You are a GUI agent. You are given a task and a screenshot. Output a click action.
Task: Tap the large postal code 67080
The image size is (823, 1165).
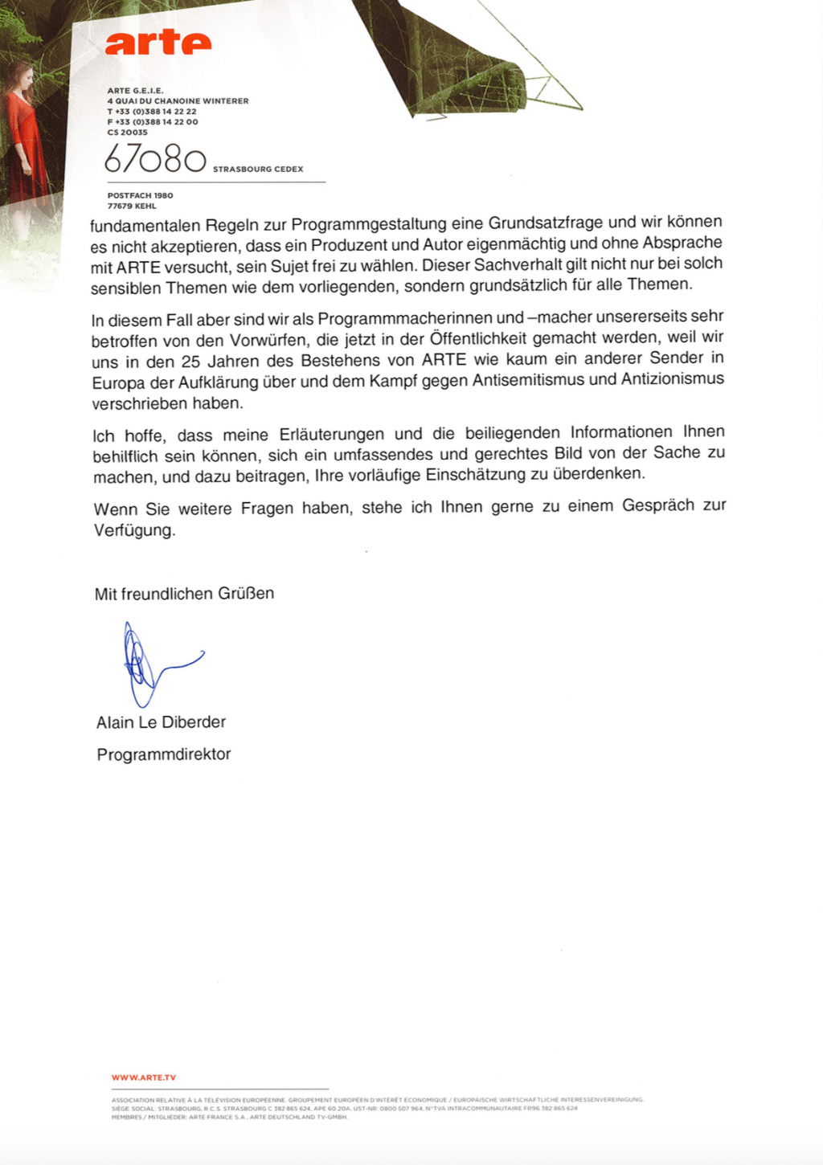click(x=155, y=160)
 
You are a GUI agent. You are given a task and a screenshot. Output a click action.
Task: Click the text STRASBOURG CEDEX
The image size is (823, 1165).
click(x=258, y=170)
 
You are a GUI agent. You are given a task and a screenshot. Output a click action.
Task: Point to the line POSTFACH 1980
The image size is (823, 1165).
click(x=140, y=195)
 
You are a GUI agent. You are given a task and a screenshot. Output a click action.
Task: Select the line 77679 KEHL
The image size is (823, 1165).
click(x=132, y=206)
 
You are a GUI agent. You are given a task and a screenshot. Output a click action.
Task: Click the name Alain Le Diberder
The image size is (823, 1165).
click(x=161, y=722)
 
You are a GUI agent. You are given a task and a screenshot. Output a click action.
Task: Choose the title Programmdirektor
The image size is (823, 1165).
click(x=163, y=754)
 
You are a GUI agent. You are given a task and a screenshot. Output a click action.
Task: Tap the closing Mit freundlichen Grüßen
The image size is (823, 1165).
click(x=184, y=594)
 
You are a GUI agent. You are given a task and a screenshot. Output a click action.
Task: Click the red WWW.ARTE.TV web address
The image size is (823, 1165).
click(x=143, y=1077)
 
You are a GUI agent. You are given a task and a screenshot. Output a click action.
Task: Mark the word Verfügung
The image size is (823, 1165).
click(x=133, y=531)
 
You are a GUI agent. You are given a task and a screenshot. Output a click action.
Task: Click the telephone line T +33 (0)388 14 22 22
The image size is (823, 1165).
click(x=152, y=112)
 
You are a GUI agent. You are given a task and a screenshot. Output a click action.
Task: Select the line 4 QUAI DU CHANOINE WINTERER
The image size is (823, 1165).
click(x=178, y=101)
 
